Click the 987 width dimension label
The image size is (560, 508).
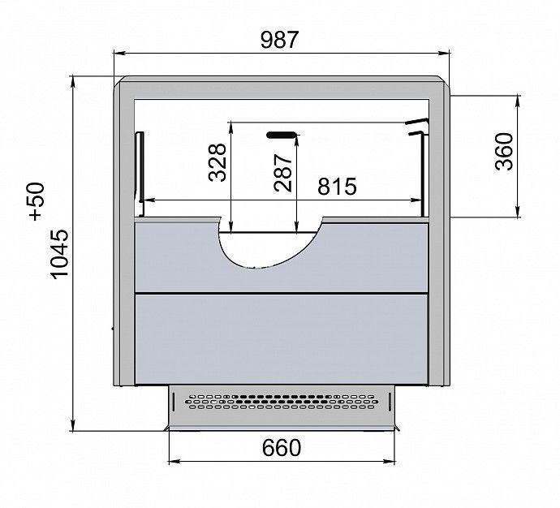(279, 40)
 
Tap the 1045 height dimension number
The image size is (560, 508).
(59, 254)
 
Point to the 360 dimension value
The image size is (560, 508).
(504, 152)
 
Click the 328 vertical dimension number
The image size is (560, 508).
(218, 162)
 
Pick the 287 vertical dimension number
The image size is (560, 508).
(283, 173)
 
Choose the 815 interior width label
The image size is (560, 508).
(337, 186)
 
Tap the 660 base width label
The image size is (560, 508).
(282, 448)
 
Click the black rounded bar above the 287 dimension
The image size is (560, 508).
(282, 135)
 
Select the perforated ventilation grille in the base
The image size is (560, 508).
(282, 402)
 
